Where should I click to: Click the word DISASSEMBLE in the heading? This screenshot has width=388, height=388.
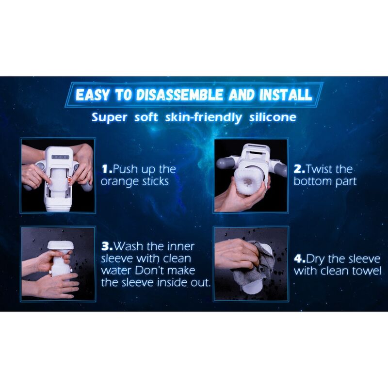pyautogui.click(x=179, y=95)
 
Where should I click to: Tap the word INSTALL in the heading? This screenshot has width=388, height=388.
pyautogui.click(x=286, y=95)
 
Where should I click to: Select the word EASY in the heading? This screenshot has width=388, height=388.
pyautogui.click(x=92, y=95)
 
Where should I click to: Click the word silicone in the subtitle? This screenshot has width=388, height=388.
pyautogui.click(x=273, y=117)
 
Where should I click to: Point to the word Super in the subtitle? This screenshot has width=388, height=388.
pyautogui.click(x=110, y=117)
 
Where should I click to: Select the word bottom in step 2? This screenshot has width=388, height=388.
pyautogui.click(x=313, y=181)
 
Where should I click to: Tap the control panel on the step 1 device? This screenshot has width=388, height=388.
pyautogui.click(x=60, y=157)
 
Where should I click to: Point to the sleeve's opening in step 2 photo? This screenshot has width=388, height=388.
pyautogui.click(x=247, y=182)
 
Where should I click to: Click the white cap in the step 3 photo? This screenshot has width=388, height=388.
pyautogui.click(x=61, y=245)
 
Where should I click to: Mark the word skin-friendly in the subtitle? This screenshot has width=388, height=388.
pyautogui.click(x=203, y=117)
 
